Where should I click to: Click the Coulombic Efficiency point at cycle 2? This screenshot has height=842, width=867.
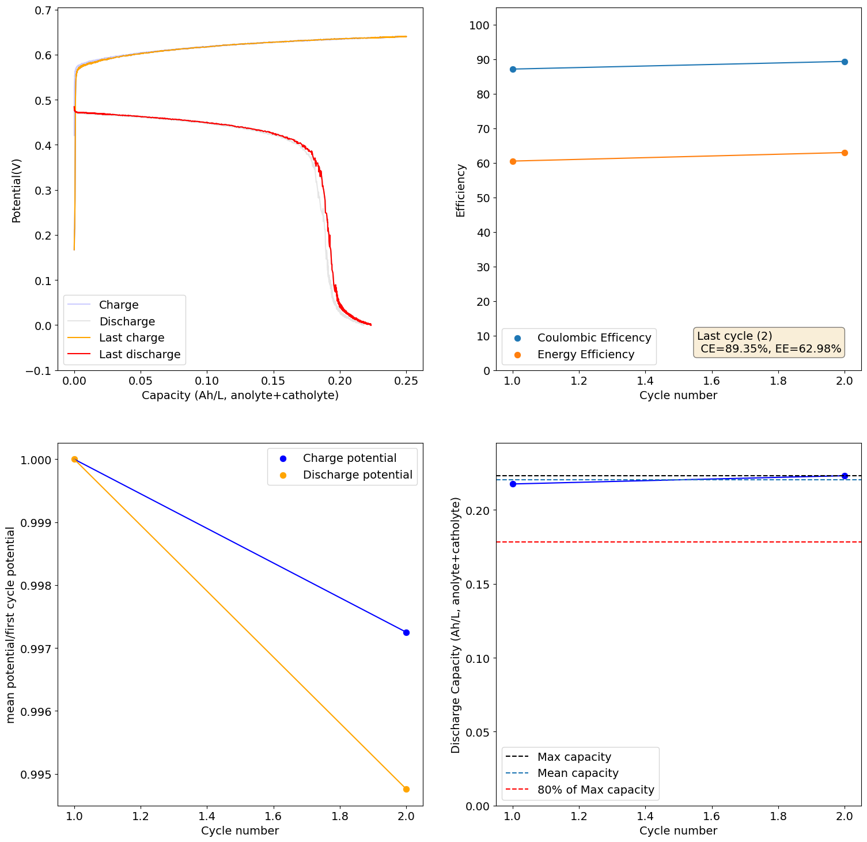[x=845, y=62]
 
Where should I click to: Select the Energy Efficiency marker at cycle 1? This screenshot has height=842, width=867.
[x=513, y=161]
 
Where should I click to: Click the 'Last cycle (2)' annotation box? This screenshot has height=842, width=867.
[x=768, y=342]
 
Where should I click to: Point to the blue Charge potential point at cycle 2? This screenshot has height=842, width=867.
[x=406, y=632]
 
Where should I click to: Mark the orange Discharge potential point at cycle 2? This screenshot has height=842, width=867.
[x=406, y=789]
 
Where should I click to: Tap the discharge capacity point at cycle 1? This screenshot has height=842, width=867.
[x=513, y=484]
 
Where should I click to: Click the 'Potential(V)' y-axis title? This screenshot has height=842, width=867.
[x=16, y=191]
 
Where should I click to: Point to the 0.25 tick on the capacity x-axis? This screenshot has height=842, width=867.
[x=406, y=381]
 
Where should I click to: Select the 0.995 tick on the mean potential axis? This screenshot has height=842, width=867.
[x=36, y=774]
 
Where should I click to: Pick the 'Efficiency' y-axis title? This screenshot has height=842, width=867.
[x=460, y=191]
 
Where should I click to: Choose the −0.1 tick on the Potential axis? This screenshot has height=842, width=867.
[x=38, y=370]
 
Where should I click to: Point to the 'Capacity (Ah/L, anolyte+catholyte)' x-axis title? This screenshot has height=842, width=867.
[x=240, y=395]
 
